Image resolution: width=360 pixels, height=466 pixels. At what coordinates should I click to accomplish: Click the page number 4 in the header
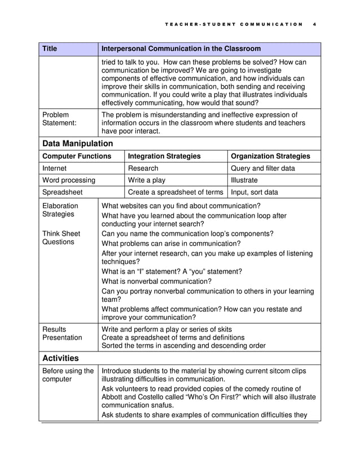click(x=314, y=24)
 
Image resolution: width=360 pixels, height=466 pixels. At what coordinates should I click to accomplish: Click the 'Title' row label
click(x=51, y=49)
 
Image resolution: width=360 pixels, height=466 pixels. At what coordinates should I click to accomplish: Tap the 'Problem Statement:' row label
click(x=60, y=119)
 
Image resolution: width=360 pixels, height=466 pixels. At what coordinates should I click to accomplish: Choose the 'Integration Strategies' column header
click(x=165, y=156)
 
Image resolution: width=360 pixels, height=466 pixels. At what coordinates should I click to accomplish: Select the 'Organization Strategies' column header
click(x=271, y=156)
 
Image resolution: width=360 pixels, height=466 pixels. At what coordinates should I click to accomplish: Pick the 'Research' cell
click(x=143, y=168)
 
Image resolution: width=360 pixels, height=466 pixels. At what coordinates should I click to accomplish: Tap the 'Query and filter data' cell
click(x=263, y=168)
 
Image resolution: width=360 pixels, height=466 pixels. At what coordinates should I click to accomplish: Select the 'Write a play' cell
click(x=147, y=181)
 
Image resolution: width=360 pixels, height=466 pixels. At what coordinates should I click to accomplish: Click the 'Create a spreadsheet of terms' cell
click(x=175, y=192)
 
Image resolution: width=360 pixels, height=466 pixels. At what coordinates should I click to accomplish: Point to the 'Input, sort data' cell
click(x=254, y=192)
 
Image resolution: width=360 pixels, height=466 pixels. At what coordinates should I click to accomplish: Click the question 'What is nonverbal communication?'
click(x=156, y=281)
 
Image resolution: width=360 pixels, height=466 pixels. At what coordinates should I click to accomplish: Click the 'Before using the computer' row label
click(x=68, y=375)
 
